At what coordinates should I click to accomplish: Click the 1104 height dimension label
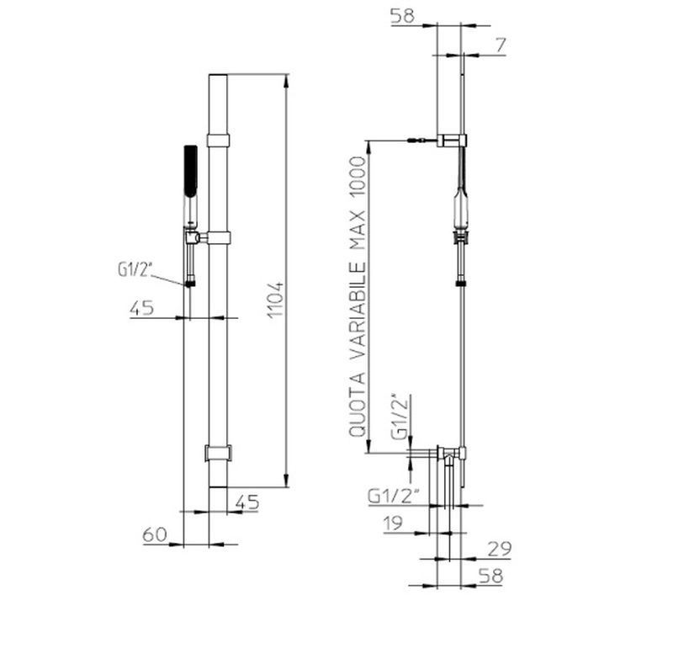(x=276, y=300)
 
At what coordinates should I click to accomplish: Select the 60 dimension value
(x=155, y=534)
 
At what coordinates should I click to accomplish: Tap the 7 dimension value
(x=501, y=45)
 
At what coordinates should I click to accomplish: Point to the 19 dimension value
(x=393, y=523)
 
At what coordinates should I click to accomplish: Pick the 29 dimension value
(x=500, y=549)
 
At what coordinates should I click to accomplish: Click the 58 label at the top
(x=402, y=16)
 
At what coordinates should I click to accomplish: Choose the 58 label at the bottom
(x=490, y=576)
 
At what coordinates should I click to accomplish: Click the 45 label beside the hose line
(x=141, y=308)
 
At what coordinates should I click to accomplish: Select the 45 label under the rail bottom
(x=247, y=502)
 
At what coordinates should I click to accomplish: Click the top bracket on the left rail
(x=218, y=141)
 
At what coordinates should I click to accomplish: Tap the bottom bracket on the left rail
(x=218, y=453)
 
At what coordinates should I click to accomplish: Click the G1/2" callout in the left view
(x=135, y=269)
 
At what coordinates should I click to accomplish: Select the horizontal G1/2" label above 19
(x=393, y=497)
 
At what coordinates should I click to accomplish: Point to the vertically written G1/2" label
(x=400, y=417)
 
